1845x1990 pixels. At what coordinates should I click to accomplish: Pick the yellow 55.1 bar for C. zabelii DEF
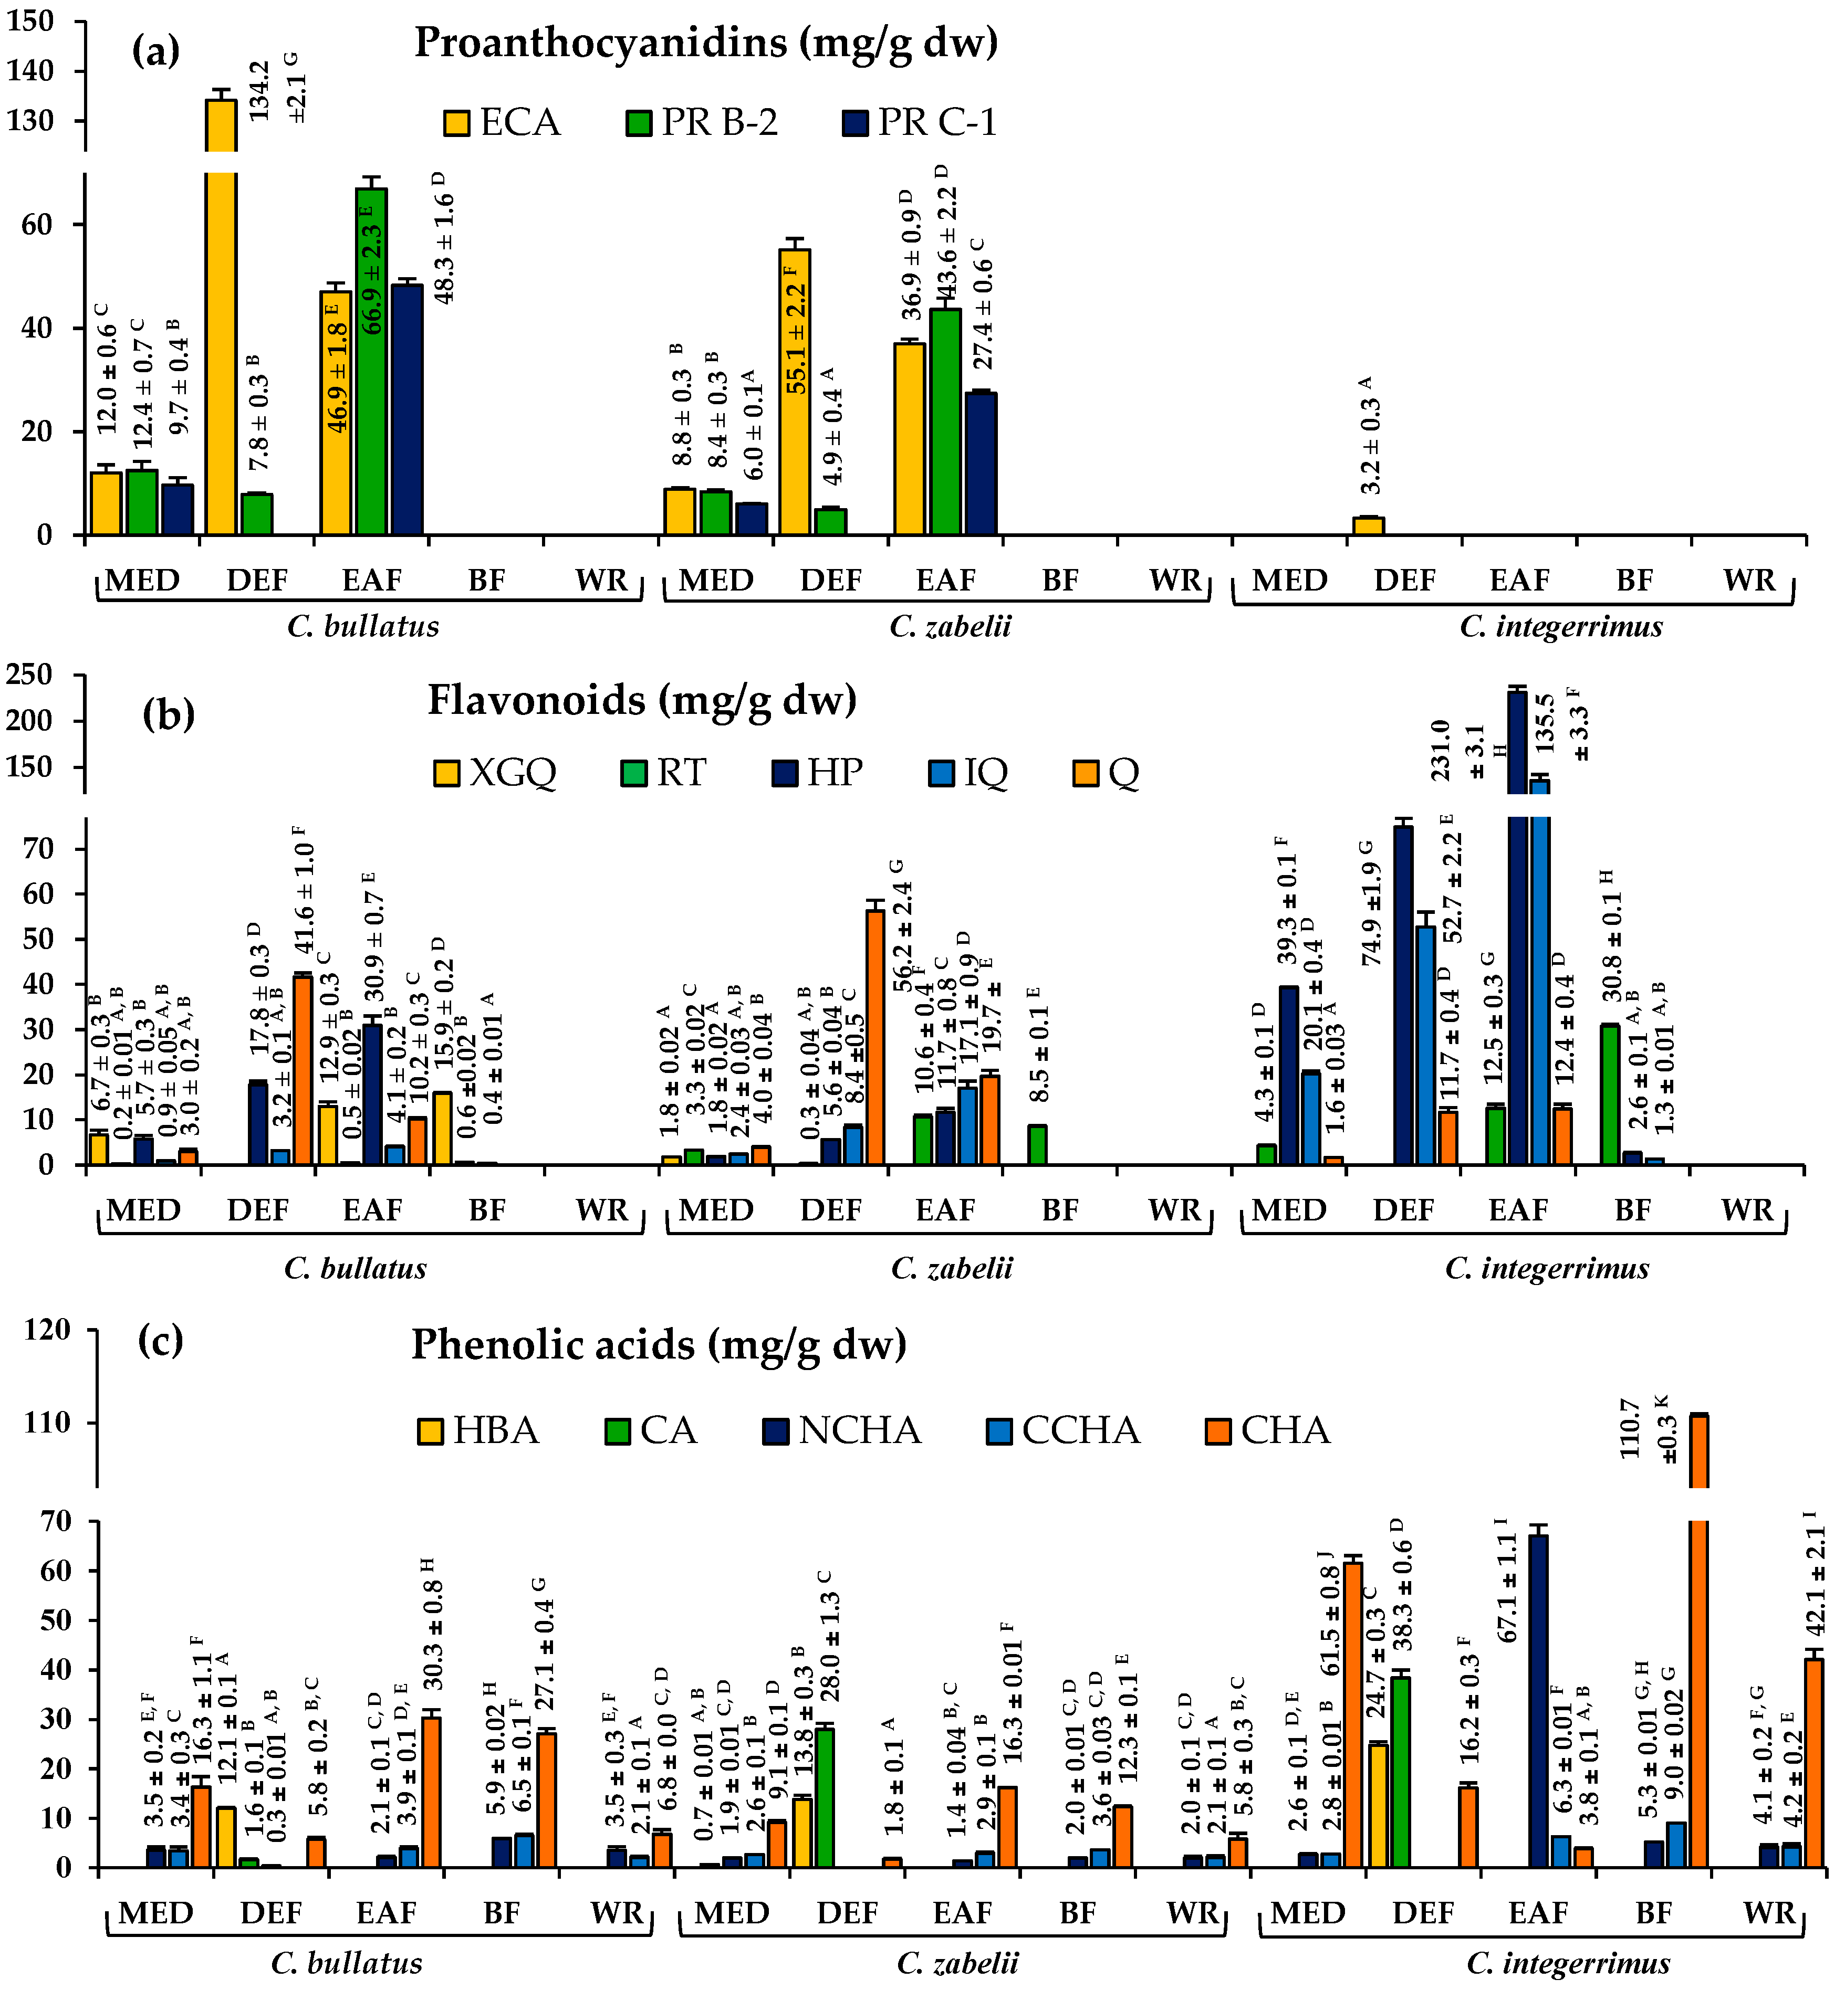click(795, 391)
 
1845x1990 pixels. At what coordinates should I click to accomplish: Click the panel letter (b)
click(168, 714)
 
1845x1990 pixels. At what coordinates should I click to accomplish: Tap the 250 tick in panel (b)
click(30, 676)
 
